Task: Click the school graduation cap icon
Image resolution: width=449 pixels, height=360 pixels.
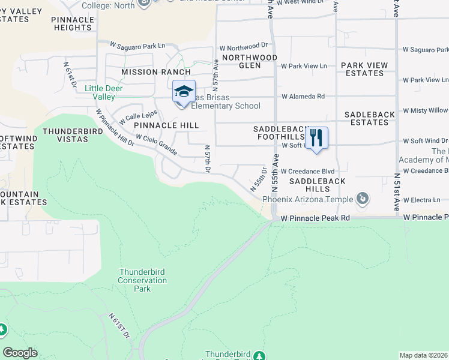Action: click(184, 92)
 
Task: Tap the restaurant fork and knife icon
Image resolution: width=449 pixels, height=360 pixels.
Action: click(316, 138)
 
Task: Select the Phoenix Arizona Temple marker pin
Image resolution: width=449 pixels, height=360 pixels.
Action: click(362, 198)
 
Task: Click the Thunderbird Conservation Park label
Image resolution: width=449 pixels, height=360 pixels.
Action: click(142, 280)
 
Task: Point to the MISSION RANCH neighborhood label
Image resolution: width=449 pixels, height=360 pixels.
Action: click(148, 72)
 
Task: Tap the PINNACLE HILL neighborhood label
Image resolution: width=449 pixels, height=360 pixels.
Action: click(166, 125)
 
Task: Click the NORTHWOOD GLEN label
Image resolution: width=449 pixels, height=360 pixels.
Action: click(250, 62)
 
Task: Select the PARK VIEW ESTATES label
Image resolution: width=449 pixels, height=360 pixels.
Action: click(364, 69)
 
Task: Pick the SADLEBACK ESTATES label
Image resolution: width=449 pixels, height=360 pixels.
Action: click(367, 118)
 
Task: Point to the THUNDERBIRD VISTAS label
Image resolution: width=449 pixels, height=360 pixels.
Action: click(74, 135)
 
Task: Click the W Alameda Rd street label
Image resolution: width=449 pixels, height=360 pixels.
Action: click(303, 96)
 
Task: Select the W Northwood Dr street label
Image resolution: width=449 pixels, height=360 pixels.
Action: click(243, 46)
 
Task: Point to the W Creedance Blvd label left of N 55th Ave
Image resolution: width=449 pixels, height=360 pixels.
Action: click(307, 171)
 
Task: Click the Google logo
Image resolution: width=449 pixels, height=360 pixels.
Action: click(20, 353)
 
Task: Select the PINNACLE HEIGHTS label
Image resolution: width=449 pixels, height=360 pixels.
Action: click(72, 23)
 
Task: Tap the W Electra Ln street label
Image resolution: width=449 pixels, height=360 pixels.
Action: click(421, 200)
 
